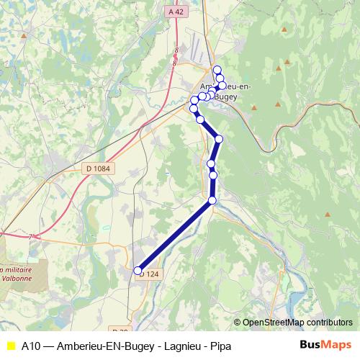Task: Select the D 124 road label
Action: pos(148,274)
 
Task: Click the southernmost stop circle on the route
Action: pos(138,271)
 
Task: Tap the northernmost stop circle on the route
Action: pos(217,69)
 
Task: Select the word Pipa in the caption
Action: pos(220,345)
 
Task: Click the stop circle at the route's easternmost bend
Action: pos(219,139)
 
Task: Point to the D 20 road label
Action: pos(140,311)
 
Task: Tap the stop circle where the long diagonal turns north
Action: pos(212,200)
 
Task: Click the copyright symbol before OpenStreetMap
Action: pos(238,323)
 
